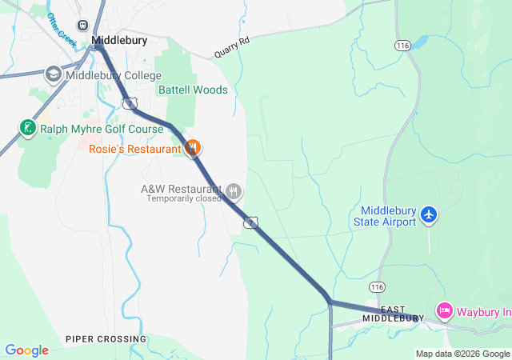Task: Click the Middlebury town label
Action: tap(120, 39)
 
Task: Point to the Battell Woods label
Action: tap(193, 90)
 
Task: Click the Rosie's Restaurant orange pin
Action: tap(192, 147)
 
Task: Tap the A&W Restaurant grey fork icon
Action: tap(234, 191)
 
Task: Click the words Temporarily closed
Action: tap(183, 198)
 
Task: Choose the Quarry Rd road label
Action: tap(232, 47)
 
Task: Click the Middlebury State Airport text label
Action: tap(385, 216)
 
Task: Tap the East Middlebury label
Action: tap(393, 314)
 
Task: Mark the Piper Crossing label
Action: tap(106, 339)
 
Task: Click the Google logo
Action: tap(26, 350)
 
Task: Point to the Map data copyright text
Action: tap(462, 354)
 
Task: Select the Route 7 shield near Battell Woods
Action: tap(130, 102)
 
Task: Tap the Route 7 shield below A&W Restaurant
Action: tap(251, 222)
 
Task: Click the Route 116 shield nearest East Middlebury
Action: tap(378, 286)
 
